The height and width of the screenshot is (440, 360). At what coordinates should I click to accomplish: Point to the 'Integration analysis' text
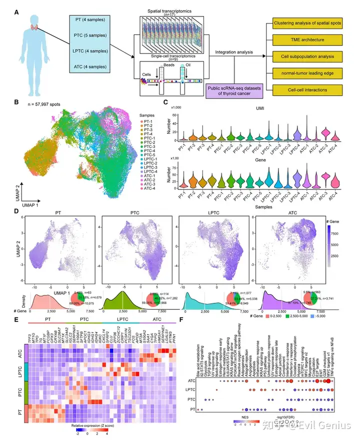coord(233,51)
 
